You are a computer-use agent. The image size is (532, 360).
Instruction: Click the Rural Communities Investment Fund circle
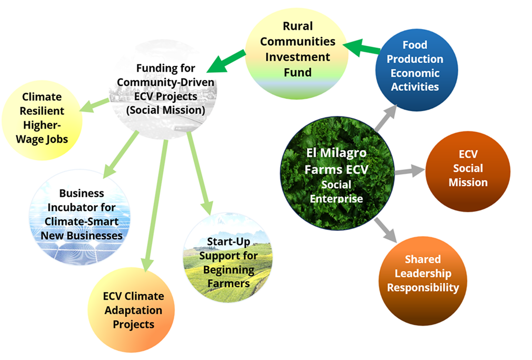click(298, 50)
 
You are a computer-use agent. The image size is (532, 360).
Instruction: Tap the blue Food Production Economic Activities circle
click(416, 66)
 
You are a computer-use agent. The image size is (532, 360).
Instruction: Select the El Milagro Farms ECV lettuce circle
click(337, 174)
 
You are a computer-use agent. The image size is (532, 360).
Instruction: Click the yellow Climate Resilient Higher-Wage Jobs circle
click(42, 119)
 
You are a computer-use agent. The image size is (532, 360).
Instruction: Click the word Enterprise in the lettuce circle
click(337, 199)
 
